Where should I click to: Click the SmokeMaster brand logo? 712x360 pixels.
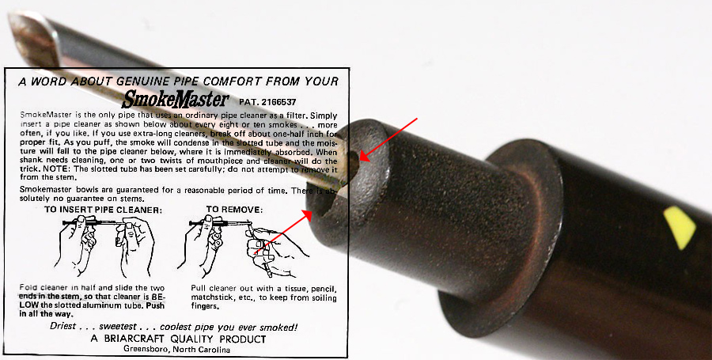(176, 99)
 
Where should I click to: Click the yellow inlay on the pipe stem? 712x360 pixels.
(680, 228)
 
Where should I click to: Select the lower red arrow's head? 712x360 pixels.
(308, 214)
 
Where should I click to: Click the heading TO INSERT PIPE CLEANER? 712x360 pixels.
(103, 210)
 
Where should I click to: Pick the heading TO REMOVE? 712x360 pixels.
(234, 210)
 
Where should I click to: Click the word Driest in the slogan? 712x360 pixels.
(62, 327)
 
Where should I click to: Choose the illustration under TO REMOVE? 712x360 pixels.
(244, 245)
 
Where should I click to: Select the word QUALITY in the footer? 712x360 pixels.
(191, 339)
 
